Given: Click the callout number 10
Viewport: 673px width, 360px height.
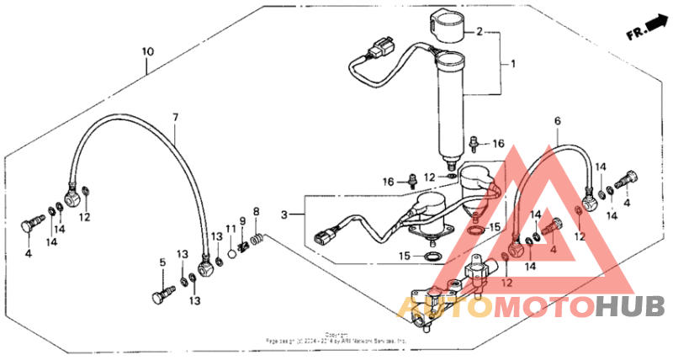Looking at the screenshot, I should click(147, 52).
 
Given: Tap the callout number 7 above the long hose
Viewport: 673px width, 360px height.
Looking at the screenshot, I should click(176, 116).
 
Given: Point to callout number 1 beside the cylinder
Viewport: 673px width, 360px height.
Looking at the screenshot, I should click(506, 63).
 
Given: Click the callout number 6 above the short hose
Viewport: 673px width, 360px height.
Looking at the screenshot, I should click(556, 121).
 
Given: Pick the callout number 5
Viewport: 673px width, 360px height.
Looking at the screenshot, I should click(162, 262).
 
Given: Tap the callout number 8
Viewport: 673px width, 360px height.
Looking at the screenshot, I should click(257, 211).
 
